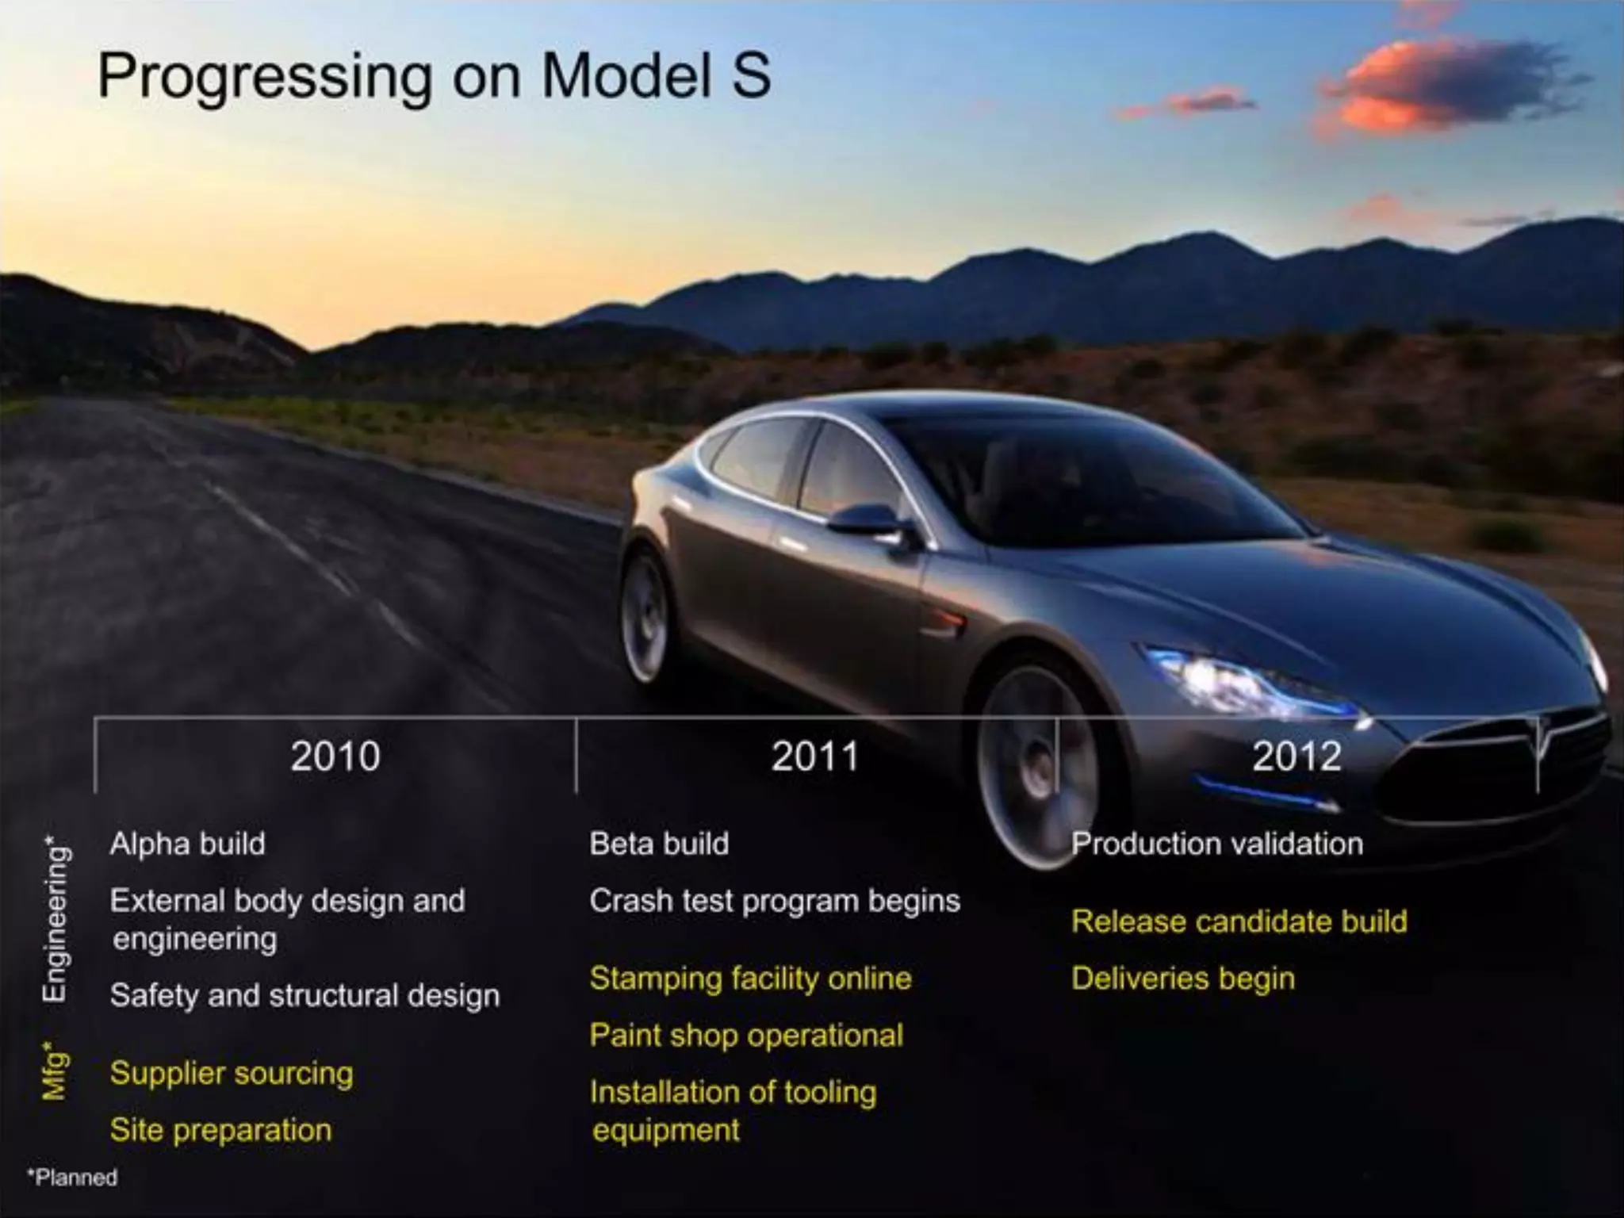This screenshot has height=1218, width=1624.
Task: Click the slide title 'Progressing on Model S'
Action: (x=434, y=77)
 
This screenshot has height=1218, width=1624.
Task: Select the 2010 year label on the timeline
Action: (x=335, y=756)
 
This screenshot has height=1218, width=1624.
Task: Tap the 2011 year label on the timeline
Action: (x=815, y=756)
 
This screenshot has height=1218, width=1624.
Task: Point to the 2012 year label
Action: (x=1297, y=756)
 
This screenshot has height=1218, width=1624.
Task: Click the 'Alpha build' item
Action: (x=188, y=844)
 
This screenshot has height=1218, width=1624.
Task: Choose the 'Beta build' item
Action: (x=659, y=844)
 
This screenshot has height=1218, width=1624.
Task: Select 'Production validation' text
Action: (x=1217, y=844)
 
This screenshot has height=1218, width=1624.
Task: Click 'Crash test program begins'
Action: (x=775, y=902)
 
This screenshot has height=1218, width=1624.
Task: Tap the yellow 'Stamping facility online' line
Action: (x=750, y=979)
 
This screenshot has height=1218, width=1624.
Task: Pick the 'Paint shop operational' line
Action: (x=746, y=1036)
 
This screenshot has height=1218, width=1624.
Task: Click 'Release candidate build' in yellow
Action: (x=1239, y=921)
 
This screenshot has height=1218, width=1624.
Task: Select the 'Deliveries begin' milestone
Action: (x=1183, y=979)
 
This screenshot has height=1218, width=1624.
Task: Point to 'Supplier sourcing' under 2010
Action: (x=232, y=1074)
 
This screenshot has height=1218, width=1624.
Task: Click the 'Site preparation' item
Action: (x=221, y=1130)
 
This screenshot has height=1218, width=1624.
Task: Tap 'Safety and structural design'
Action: (x=305, y=996)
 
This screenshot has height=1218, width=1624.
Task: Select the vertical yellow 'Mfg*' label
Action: (x=55, y=1072)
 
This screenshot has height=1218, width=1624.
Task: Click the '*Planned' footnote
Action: (x=72, y=1178)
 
